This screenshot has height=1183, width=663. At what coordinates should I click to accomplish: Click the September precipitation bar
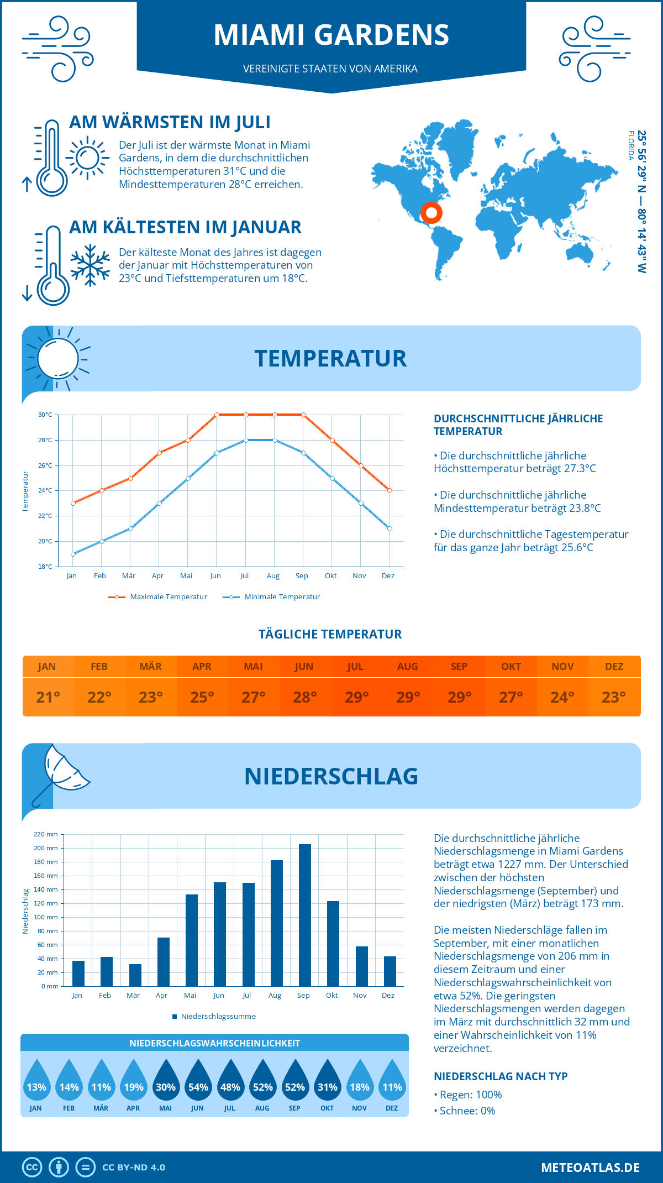[304, 915]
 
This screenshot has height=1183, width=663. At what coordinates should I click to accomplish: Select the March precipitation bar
[135, 976]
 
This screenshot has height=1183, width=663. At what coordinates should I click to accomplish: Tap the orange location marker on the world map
[431, 212]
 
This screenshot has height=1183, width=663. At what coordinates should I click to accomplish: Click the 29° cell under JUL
[356, 697]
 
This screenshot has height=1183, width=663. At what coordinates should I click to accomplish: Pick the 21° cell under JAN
[48, 697]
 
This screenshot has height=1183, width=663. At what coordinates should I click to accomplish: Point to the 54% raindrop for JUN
[198, 1082]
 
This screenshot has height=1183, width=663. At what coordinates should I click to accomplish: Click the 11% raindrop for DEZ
[392, 1082]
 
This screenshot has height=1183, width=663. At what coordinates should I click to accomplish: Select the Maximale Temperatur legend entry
[158, 597]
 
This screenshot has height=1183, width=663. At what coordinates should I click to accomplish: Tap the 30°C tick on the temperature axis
[45, 415]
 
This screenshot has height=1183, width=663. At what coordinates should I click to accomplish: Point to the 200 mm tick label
[46, 848]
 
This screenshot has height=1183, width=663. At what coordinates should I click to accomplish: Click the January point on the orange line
[73, 503]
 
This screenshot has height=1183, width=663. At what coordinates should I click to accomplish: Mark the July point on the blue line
[246, 440]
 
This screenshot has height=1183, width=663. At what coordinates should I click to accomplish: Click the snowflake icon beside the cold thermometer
[90, 265]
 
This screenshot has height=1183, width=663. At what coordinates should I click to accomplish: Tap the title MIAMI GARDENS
[331, 35]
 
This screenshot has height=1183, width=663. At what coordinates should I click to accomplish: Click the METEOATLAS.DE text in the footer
[590, 1168]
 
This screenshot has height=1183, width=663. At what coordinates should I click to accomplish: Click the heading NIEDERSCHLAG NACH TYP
[501, 1076]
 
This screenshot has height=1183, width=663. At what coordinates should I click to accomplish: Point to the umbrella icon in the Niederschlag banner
[60, 774]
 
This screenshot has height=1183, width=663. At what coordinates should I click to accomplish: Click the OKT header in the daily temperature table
[511, 667]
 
